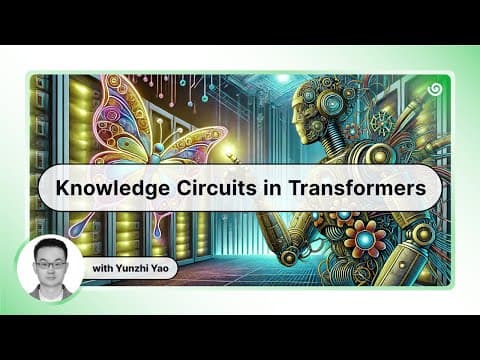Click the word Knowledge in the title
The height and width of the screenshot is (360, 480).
113,188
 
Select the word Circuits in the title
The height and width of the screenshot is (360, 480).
217,188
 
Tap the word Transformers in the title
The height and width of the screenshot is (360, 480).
357,188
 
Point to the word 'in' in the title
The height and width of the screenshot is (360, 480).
272,188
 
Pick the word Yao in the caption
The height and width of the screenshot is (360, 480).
160,268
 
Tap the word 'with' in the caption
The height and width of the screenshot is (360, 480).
103,268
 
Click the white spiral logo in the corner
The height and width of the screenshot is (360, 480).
435,89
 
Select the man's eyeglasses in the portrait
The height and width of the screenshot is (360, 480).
51,265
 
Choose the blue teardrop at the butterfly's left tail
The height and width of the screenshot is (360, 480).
74,229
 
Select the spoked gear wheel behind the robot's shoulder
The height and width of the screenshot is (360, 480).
383,123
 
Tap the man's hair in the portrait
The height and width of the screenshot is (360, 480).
51,248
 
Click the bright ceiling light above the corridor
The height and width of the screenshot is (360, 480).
283,79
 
